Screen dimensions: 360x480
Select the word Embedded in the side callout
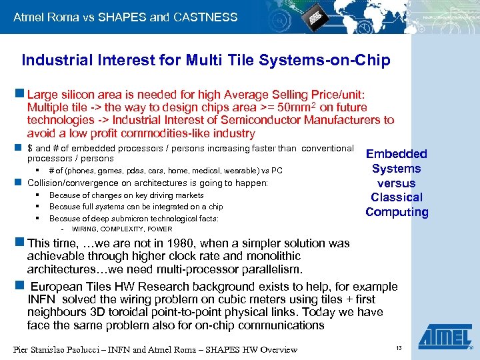[397, 154]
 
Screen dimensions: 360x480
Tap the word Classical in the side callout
[397, 197]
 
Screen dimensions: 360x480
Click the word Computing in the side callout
[397, 212]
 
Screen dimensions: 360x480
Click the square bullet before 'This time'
[21, 244]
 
